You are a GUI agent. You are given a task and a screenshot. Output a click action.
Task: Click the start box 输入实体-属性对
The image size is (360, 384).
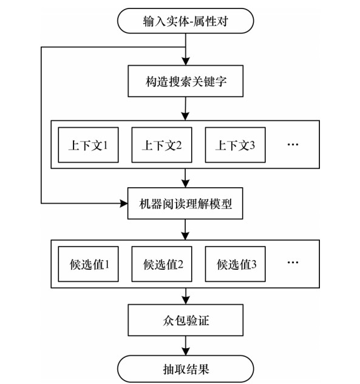click(x=186, y=21)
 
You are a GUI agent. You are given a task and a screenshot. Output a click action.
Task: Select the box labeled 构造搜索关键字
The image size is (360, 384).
click(x=186, y=81)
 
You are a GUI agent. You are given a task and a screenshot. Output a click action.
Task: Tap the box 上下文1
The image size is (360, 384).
click(x=89, y=145)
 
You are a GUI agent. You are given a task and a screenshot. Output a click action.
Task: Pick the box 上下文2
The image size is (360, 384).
click(x=161, y=145)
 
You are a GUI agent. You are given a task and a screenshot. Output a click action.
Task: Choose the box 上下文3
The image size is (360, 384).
click(x=235, y=145)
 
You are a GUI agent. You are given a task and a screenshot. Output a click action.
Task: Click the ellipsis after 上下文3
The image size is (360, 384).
click(x=293, y=144)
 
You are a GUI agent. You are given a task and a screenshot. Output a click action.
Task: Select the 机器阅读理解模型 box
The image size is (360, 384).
click(x=185, y=204)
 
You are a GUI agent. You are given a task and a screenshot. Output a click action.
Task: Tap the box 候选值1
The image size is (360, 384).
click(x=89, y=264)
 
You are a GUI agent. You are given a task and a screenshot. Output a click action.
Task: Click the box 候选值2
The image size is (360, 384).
click(x=161, y=264)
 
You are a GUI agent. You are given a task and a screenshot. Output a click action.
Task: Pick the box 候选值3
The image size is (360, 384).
click(x=235, y=264)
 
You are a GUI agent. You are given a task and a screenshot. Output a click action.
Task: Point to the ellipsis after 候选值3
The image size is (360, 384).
click(x=293, y=262)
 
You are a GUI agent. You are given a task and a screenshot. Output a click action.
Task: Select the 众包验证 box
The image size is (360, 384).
click(x=186, y=320)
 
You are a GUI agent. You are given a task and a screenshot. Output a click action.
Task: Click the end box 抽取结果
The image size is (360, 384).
click(x=186, y=369)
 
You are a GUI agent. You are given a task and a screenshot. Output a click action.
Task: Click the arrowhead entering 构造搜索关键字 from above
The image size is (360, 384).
click(x=186, y=61)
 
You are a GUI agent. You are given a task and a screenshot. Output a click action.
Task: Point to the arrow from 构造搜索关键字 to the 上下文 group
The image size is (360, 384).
click(x=186, y=109)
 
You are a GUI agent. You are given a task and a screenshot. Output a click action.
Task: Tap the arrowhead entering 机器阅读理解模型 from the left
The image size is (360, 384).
click(x=124, y=204)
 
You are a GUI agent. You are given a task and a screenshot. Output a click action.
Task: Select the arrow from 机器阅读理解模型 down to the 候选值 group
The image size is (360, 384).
click(x=186, y=230)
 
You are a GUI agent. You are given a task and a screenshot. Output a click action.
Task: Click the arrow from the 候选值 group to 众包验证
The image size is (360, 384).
click(x=186, y=296)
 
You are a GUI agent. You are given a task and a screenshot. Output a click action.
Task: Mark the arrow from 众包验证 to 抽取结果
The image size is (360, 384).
click(x=186, y=346)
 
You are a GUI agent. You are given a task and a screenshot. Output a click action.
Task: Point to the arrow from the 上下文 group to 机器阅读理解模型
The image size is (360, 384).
click(x=186, y=178)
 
